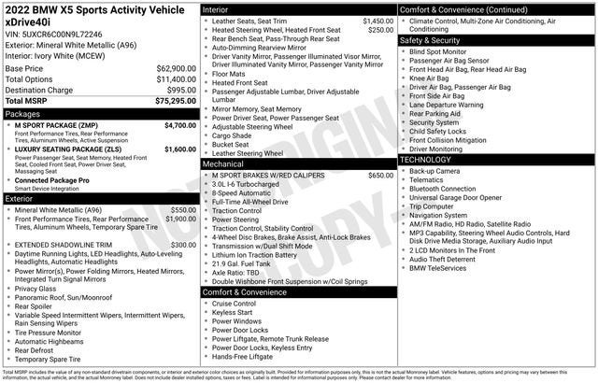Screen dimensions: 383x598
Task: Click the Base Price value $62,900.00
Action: pyautogui.click(x=176, y=69)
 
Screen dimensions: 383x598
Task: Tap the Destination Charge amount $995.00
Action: pyautogui.click(x=181, y=91)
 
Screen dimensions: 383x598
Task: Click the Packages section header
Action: pyautogui.click(x=23, y=113)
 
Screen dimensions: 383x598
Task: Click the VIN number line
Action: pyautogui.click(x=53, y=33)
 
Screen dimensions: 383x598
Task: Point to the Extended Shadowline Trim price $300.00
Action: pyautogui.click(x=183, y=245)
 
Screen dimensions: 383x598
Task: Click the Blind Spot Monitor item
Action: pyautogui.click(x=444, y=51)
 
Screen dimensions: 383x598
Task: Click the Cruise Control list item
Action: pyautogui.click(x=234, y=304)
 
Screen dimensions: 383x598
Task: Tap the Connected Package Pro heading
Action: pyautogui.click(x=51, y=179)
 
